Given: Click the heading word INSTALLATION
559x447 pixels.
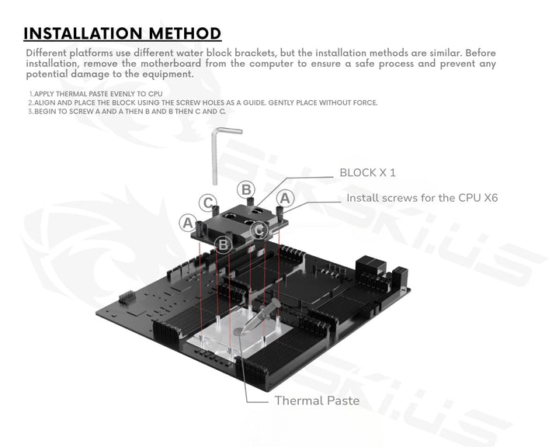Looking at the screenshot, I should [x=75, y=33].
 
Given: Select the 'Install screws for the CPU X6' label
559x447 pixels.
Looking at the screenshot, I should [x=422, y=198].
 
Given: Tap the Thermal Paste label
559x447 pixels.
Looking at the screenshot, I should [x=316, y=401].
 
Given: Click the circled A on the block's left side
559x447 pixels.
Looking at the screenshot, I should [x=187, y=223].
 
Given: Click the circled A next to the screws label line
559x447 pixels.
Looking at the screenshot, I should [x=285, y=198].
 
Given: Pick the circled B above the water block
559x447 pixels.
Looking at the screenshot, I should [x=245, y=189].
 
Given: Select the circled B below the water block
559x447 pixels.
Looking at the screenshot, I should [x=224, y=244].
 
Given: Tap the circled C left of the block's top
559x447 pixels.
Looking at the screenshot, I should [x=207, y=203].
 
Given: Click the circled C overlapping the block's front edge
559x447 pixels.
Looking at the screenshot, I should [x=260, y=230].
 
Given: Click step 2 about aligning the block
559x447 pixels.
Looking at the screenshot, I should [x=202, y=102].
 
